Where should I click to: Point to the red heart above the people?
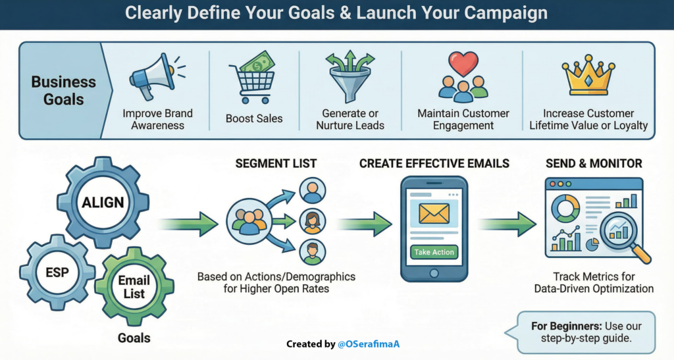[463, 64]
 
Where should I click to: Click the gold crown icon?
[588, 78]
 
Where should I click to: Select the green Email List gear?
[134, 287]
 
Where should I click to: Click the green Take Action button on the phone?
[434, 251]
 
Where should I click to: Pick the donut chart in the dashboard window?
[565, 209]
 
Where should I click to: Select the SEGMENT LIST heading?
[276, 163]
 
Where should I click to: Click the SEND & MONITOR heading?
[593, 163]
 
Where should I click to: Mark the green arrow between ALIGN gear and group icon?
[188, 224]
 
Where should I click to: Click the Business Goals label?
[64, 91]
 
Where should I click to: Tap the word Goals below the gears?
[134, 338]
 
